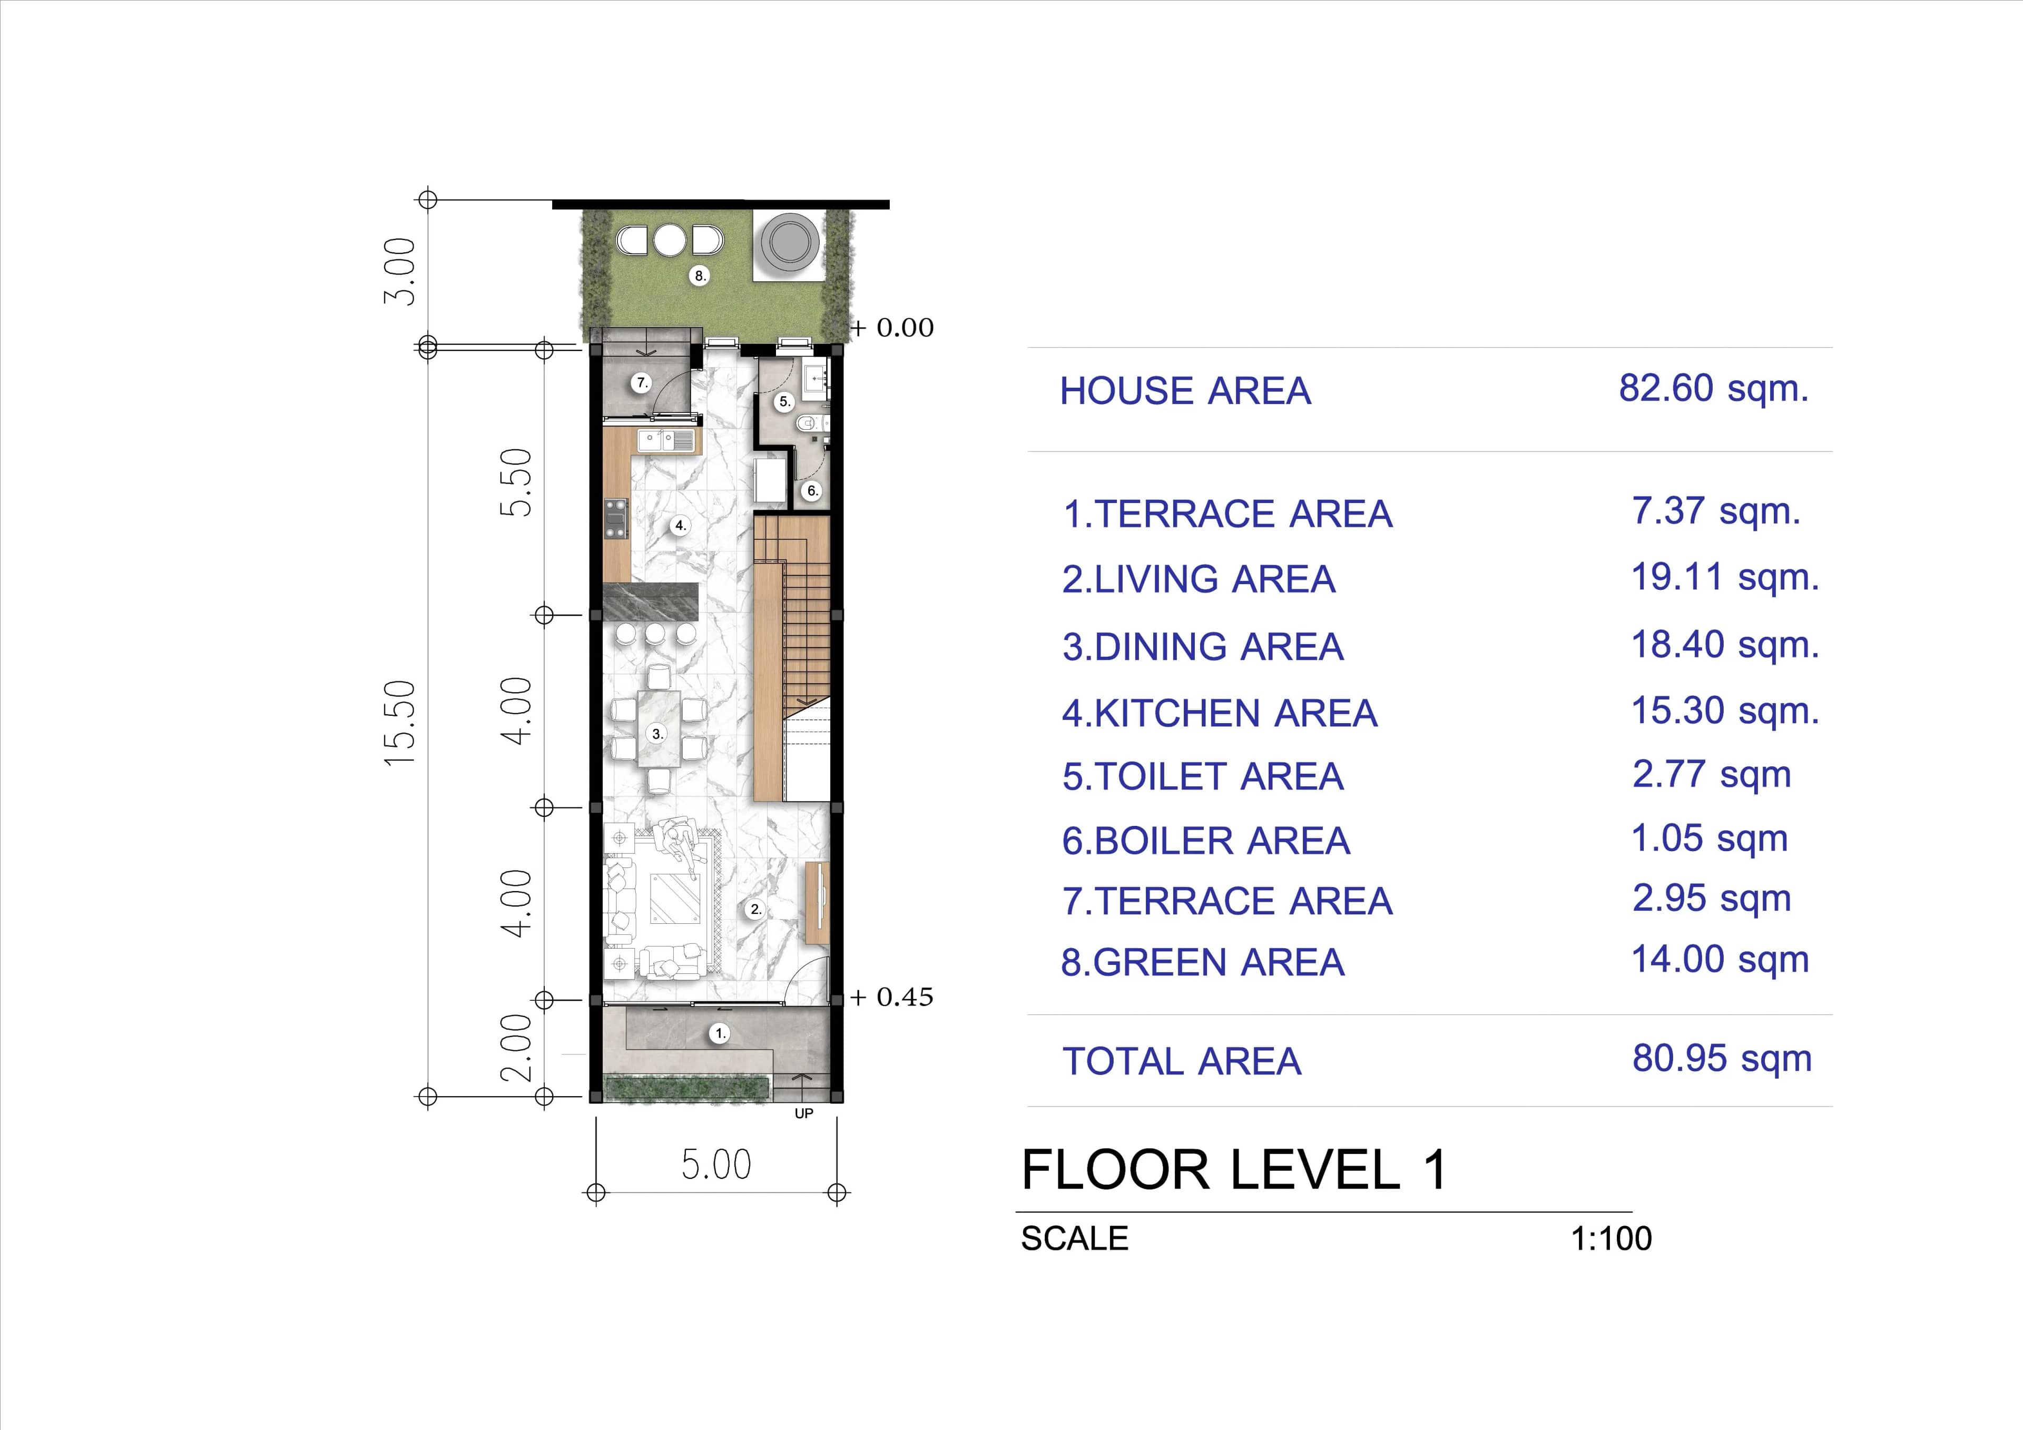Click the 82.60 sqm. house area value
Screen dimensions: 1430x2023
[1713, 389]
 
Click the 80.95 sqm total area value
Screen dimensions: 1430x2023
[1721, 1058]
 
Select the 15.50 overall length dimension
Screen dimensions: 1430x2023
[400, 723]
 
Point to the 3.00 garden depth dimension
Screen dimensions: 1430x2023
[400, 271]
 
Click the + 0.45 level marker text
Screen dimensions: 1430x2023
[892, 998]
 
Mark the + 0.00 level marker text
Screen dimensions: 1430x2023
[892, 328]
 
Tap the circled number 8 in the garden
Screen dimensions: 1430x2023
[700, 276]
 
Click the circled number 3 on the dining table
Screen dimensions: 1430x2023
[656, 733]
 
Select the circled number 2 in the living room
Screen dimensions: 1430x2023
[755, 909]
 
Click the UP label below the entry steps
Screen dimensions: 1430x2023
[803, 1113]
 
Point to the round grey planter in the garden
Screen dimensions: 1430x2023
[790, 241]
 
